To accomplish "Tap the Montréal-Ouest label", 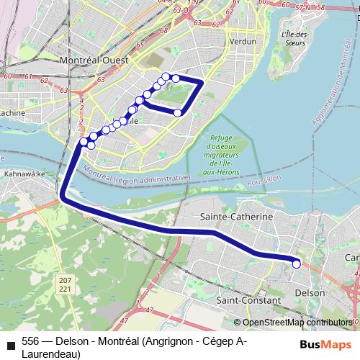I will click(93, 60).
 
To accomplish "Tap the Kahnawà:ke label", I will click(24, 174).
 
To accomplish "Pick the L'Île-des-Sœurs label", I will click(296, 38).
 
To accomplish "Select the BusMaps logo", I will click(329, 343).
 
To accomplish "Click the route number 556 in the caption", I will click(31, 340).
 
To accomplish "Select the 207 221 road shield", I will click(66, 284).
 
